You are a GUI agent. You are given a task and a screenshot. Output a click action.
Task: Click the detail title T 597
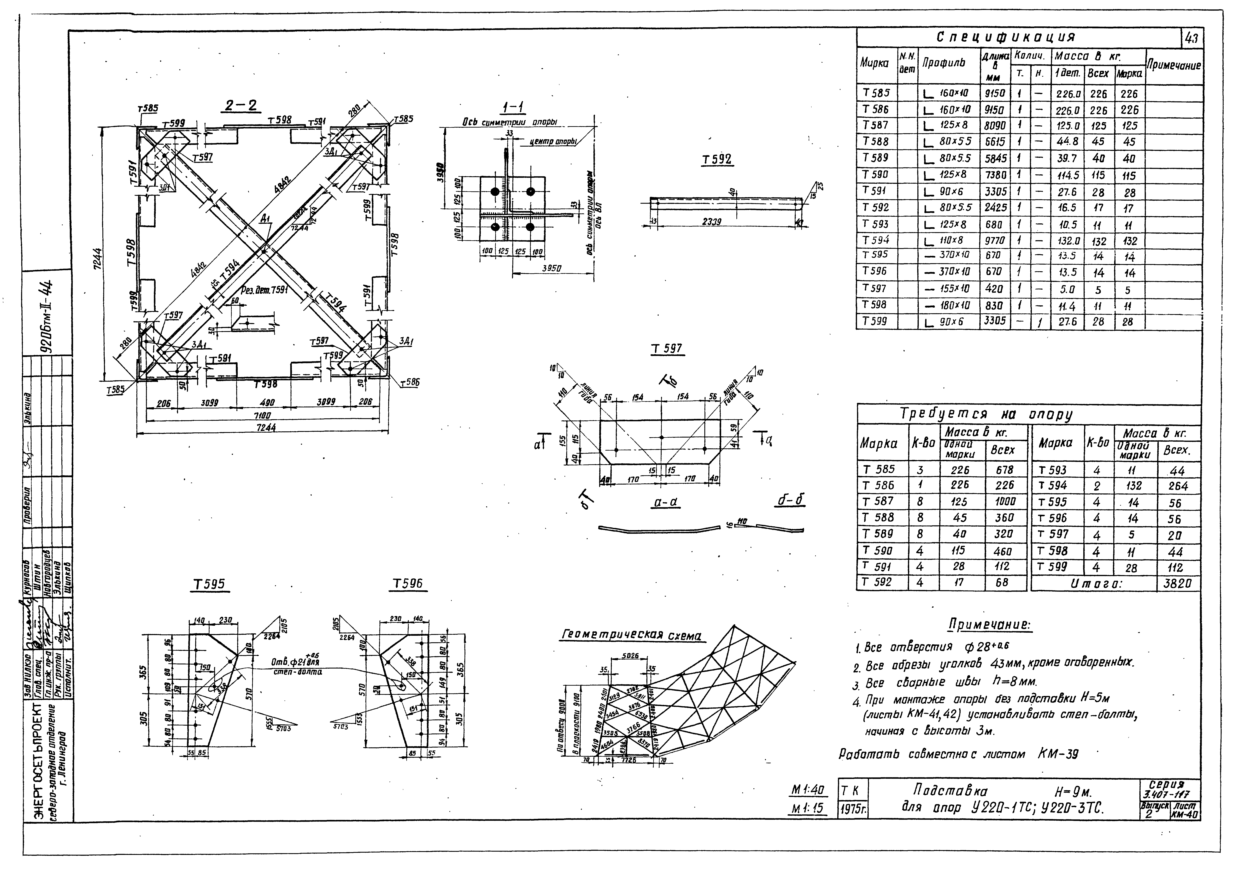coord(667,349)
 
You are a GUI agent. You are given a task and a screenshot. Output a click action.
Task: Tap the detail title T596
coord(408,585)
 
